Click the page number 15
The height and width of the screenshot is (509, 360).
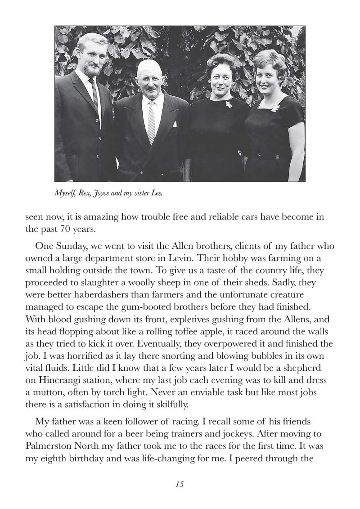coord(180,484)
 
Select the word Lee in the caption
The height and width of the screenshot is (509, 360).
coord(156,194)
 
